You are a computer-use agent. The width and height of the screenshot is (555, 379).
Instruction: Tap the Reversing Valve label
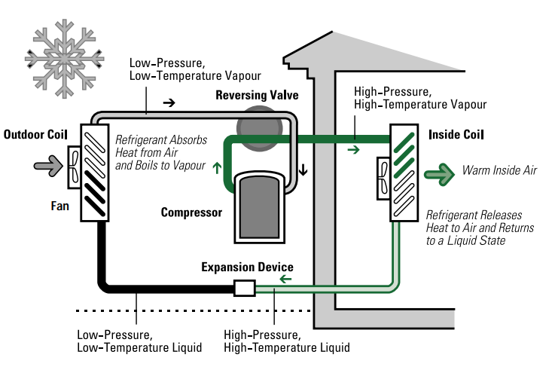click(x=257, y=96)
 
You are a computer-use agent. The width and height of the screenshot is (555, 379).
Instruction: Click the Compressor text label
click(x=191, y=212)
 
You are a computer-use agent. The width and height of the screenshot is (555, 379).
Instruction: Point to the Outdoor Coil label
click(x=35, y=135)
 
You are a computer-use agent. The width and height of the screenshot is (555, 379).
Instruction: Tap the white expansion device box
click(x=245, y=288)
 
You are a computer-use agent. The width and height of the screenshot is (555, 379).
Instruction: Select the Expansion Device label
click(x=247, y=267)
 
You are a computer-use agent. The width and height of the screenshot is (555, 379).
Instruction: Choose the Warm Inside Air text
click(x=499, y=171)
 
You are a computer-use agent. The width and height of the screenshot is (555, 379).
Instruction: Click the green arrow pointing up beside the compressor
click(x=218, y=167)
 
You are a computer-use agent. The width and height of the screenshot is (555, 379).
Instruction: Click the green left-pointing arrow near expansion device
click(x=285, y=280)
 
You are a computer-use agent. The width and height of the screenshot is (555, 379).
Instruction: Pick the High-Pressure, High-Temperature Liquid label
click(x=287, y=341)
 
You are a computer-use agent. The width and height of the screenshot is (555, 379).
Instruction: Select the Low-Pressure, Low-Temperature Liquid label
click(x=139, y=341)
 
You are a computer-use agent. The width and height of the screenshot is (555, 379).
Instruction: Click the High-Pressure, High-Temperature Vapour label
click(x=419, y=97)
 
